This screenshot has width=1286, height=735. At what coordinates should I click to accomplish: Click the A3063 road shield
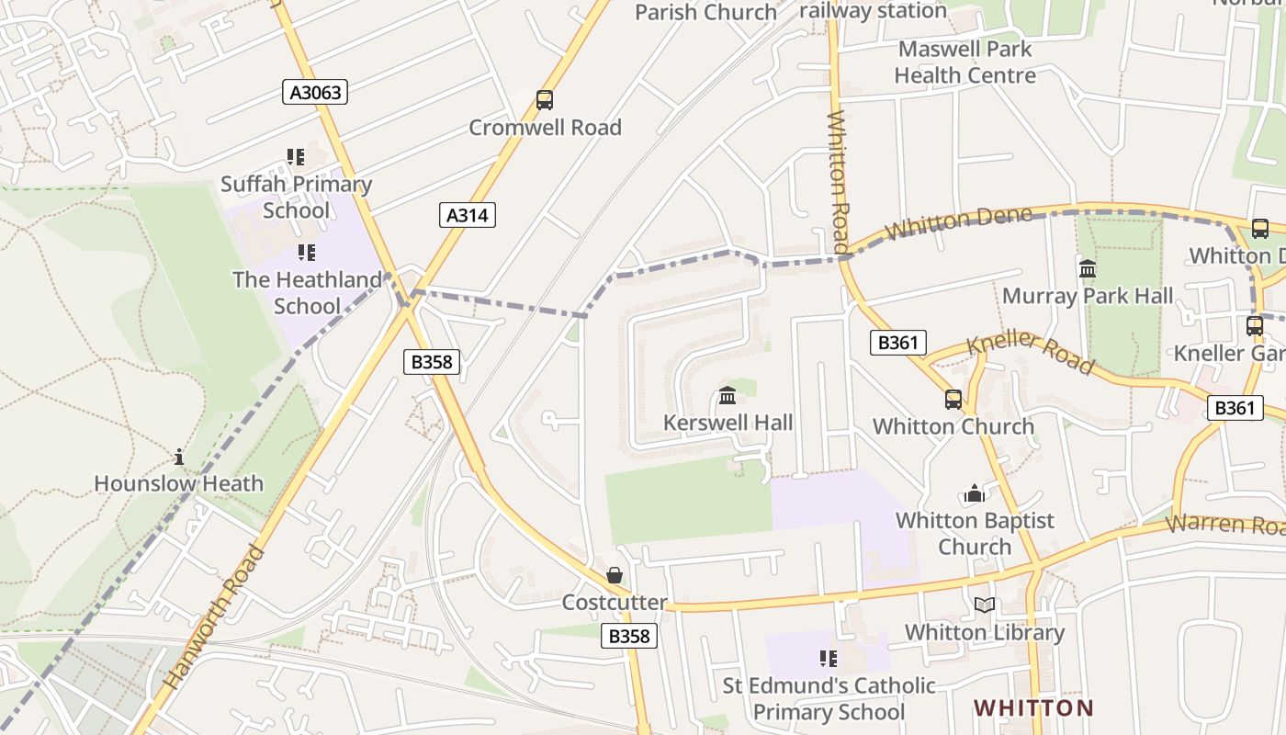click(x=314, y=92)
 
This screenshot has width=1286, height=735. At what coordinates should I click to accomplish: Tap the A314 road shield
click(x=468, y=215)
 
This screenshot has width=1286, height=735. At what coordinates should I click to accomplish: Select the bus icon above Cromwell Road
click(x=545, y=100)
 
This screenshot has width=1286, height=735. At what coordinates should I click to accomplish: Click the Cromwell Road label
click(x=545, y=128)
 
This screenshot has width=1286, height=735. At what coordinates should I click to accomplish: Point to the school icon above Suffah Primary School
click(x=295, y=157)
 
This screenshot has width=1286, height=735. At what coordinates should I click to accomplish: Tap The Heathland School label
click(x=307, y=292)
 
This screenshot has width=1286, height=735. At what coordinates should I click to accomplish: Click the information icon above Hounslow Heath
click(x=179, y=457)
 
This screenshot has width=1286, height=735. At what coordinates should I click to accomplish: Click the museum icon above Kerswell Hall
click(x=728, y=396)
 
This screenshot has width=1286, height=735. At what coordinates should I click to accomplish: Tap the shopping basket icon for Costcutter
click(x=615, y=575)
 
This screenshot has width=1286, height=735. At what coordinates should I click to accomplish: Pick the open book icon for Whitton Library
click(x=985, y=605)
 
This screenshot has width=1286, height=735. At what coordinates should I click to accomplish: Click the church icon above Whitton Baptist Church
click(x=975, y=494)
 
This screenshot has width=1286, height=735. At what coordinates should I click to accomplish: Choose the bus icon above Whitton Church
click(x=953, y=400)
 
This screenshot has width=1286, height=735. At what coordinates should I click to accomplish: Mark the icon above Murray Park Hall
click(x=1088, y=269)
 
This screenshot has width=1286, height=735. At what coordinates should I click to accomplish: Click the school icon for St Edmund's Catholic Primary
click(x=828, y=659)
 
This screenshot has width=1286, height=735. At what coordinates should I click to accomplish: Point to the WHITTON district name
click(x=1033, y=708)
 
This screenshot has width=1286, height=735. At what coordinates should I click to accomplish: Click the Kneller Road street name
click(x=1031, y=353)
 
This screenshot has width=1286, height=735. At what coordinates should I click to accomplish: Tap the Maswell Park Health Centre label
click(x=964, y=62)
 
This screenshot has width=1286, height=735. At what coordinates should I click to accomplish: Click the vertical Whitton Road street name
click(x=837, y=182)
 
